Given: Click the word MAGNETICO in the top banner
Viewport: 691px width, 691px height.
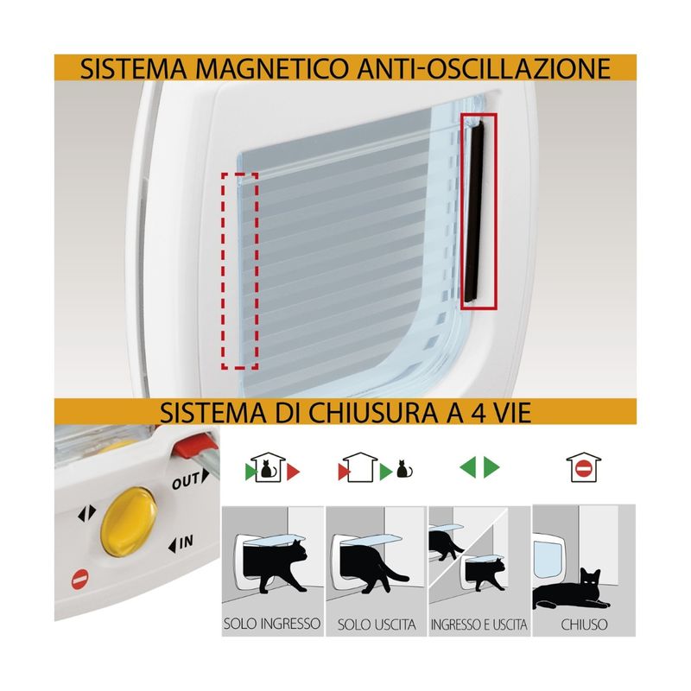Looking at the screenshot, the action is pyautogui.click(x=272, y=68).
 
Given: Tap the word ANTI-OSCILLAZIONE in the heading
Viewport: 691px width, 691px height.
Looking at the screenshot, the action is pyautogui.click(x=484, y=68).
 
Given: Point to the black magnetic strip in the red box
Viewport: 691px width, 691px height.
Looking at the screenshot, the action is pyautogui.click(x=473, y=212).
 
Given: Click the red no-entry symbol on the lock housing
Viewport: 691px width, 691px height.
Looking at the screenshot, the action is pyautogui.click(x=80, y=579).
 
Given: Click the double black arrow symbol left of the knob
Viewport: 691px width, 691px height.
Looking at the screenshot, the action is pyautogui.click(x=87, y=513).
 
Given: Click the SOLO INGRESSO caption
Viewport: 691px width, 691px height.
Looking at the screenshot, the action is pyautogui.click(x=272, y=624).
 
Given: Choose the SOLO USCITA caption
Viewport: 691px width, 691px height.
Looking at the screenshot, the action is pyautogui.click(x=377, y=624).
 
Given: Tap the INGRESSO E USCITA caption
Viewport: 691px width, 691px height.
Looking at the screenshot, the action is pyautogui.click(x=479, y=624).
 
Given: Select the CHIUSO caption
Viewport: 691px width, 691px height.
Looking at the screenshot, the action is pyautogui.click(x=585, y=624).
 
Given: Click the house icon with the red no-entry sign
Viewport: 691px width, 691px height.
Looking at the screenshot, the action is pyautogui.click(x=584, y=467).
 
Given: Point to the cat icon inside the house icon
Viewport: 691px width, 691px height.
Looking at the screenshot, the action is pyautogui.click(x=266, y=469).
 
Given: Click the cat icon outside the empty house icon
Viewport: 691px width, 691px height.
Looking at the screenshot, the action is pyautogui.click(x=404, y=469).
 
